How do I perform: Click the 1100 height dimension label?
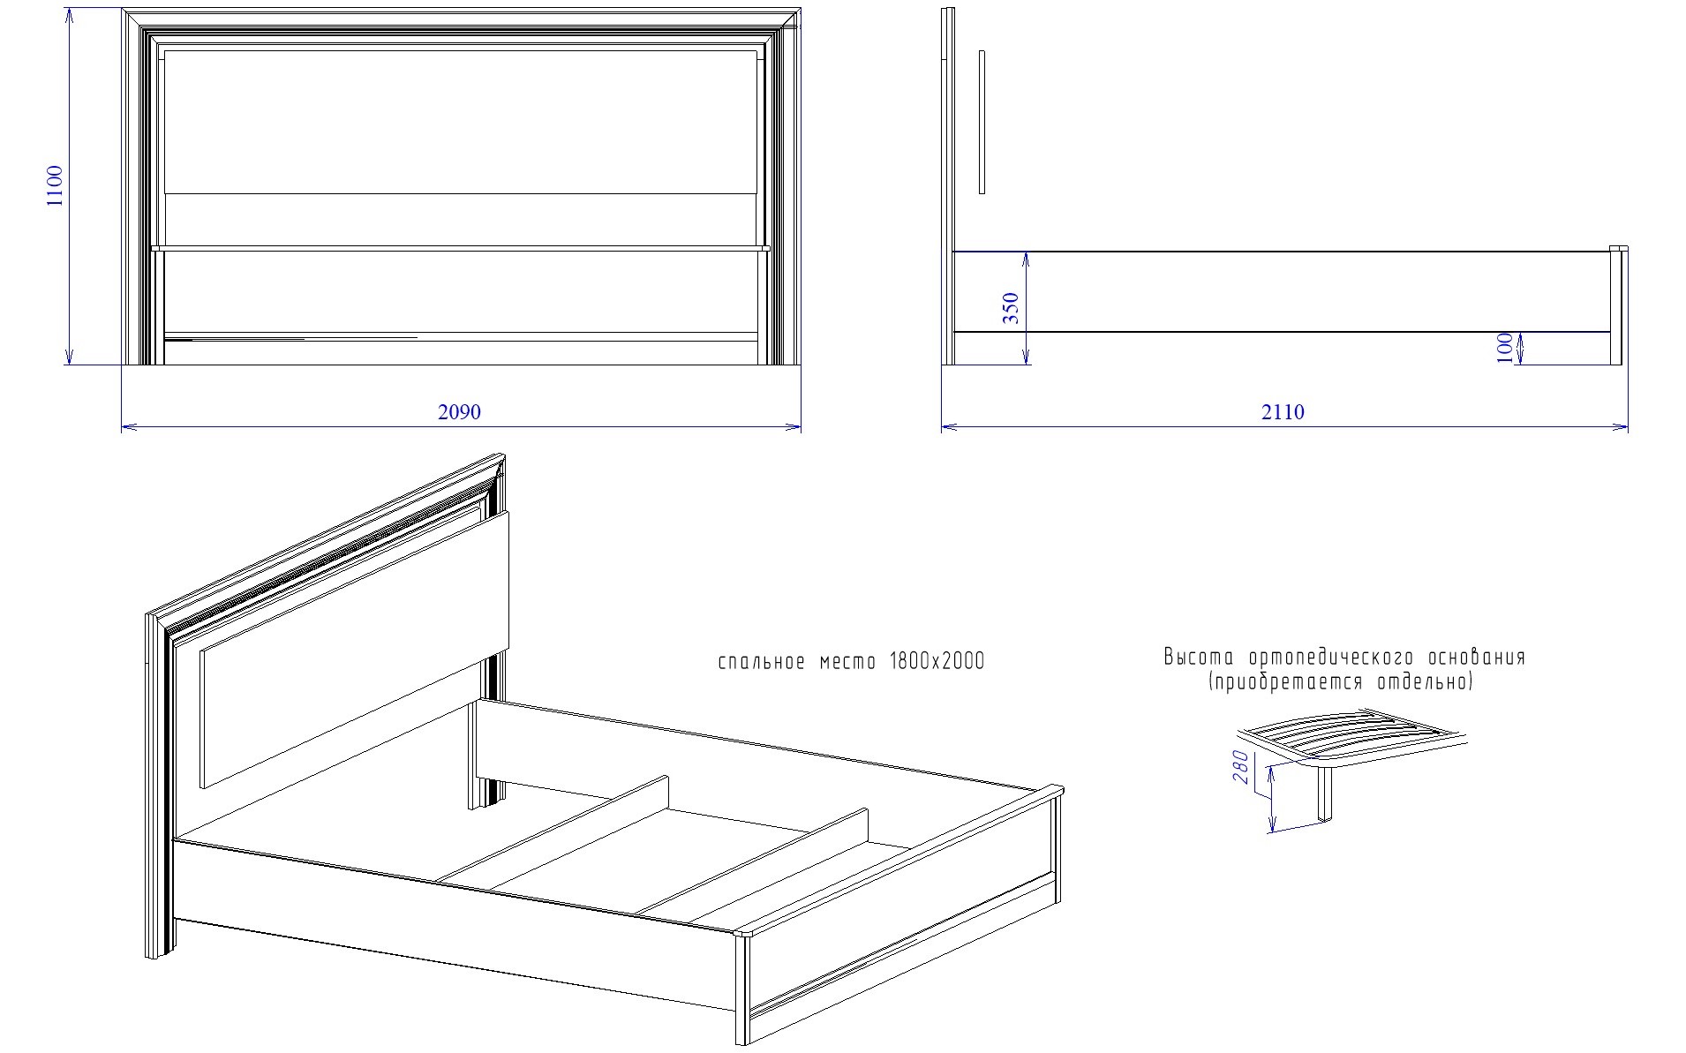(55, 185)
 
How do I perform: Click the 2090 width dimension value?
(460, 412)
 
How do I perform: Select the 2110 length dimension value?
(1283, 412)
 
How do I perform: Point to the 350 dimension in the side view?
(1012, 308)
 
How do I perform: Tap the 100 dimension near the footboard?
(1505, 348)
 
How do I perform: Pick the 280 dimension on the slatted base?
(1241, 767)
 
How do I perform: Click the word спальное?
(761, 663)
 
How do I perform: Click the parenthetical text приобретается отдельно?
(1341, 682)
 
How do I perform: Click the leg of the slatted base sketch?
(1325, 794)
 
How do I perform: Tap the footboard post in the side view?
(1618, 305)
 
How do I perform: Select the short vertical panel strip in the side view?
(982, 122)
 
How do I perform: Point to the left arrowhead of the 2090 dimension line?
(128, 428)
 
